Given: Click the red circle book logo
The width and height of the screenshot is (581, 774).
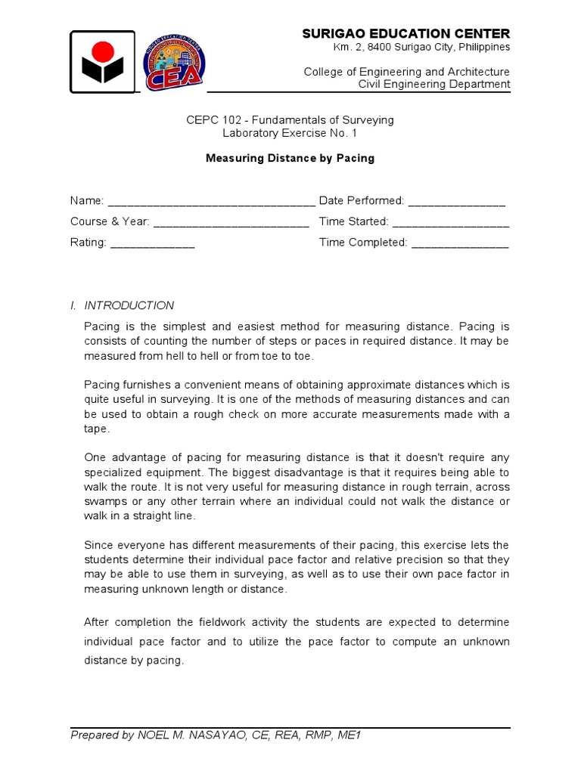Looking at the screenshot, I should point(103,62).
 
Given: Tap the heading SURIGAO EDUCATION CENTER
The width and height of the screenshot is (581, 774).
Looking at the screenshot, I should point(406,33).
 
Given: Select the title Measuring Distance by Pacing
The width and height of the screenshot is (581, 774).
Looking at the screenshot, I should point(290,159).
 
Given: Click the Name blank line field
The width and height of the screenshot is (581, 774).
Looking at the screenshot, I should point(212,203).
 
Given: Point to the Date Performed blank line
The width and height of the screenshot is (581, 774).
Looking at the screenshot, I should point(457,203).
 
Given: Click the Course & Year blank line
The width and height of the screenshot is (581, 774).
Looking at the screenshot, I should point(231,224).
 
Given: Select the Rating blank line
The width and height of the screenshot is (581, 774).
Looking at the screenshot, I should point(153,245).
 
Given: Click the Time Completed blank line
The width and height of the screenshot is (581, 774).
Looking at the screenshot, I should point(460,245).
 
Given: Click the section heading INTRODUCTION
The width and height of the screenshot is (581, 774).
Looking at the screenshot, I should point(129,305).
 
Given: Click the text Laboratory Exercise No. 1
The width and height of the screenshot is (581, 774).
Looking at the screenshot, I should point(290,133).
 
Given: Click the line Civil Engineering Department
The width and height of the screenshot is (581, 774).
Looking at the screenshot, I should point(434,84).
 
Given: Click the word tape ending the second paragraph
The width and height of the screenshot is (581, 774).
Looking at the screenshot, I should point(96,429).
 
